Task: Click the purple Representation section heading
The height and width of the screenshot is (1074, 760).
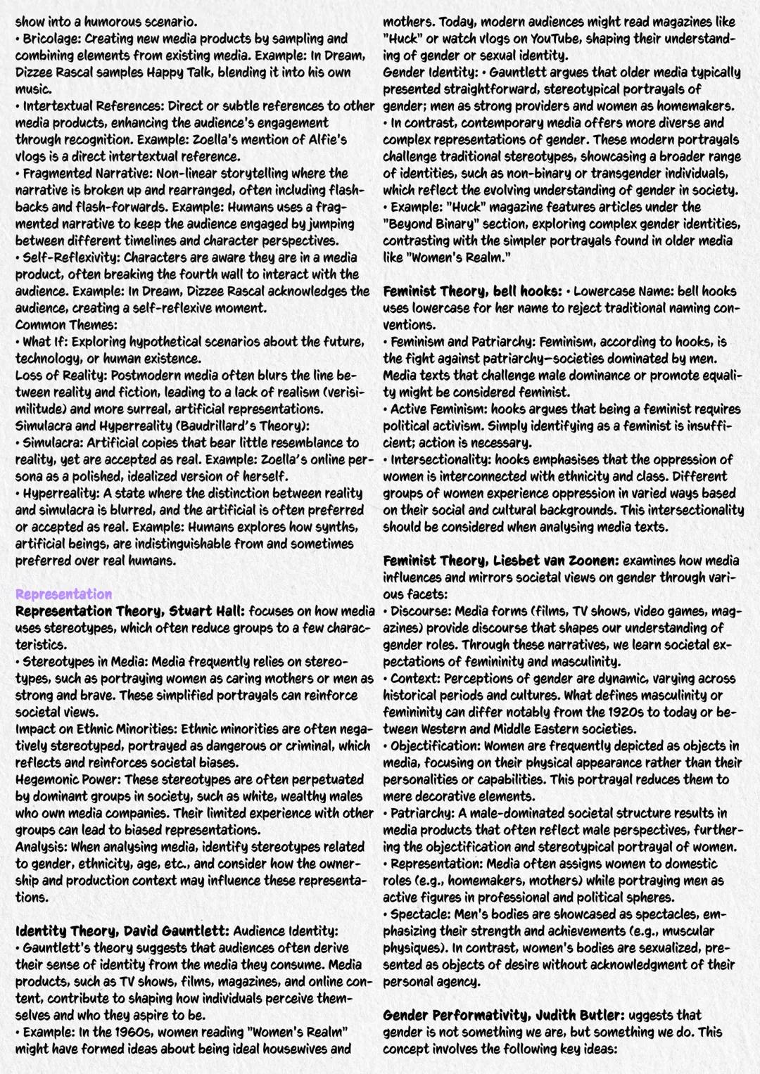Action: (63, 594)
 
